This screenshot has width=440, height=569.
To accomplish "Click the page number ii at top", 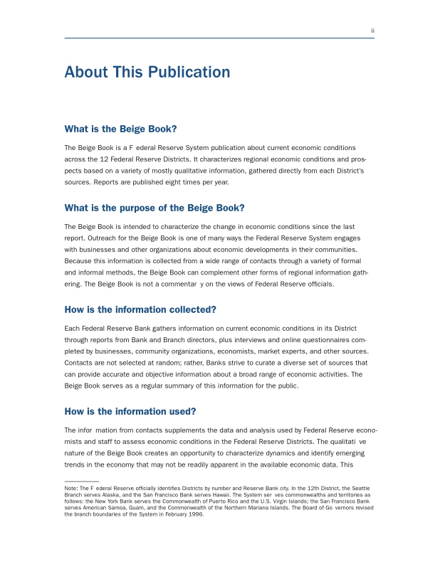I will click(x=372, y=31).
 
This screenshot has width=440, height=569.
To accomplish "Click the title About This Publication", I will click(x=147, y=73).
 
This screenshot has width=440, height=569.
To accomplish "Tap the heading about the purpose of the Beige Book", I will click(x=154, y=208).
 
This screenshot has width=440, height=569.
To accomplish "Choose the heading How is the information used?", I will click(x=130, y=411).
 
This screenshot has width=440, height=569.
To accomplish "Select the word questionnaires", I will click(x=323, y=339).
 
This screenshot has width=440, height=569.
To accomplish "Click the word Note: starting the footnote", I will click(x=71, y=488).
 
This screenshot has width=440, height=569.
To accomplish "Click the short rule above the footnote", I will click(x=81, y=482).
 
